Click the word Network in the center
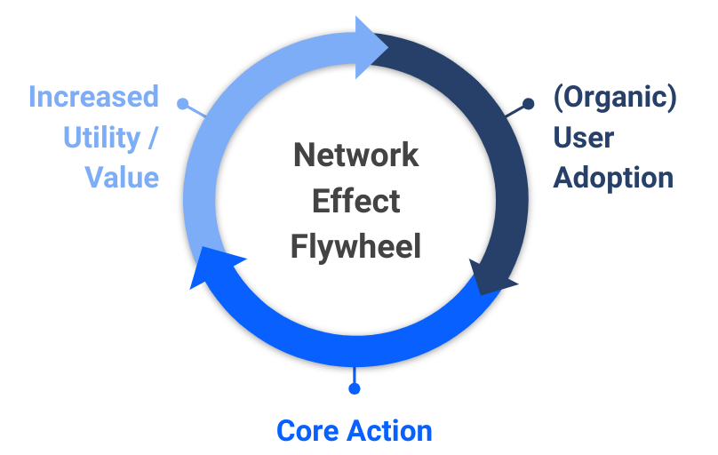pos(355,156)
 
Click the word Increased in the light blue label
pos(93,97)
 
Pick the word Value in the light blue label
pos(122,177)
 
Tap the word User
pos(583,138)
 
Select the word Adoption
pos(613,177)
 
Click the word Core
pos(307,432)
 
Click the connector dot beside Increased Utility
pos(183,104)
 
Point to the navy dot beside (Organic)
pos(528,104)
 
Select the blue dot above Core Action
pos(355,388)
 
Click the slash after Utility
pos(152,139)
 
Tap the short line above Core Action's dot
pos(355,376)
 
